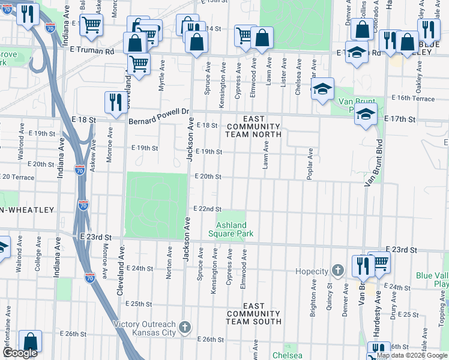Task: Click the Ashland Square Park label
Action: point(231,229)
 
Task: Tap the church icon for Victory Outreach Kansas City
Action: point(185,327)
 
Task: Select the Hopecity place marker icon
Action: point(338,271)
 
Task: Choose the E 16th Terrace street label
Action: point(413,97)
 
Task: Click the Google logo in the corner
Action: point(19,353)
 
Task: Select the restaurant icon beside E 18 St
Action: point(114,103)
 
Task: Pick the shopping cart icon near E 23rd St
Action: point(379,262)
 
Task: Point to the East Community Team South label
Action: point(253,314)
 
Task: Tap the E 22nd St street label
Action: point(207,209)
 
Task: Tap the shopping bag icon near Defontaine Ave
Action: point(30,341)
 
